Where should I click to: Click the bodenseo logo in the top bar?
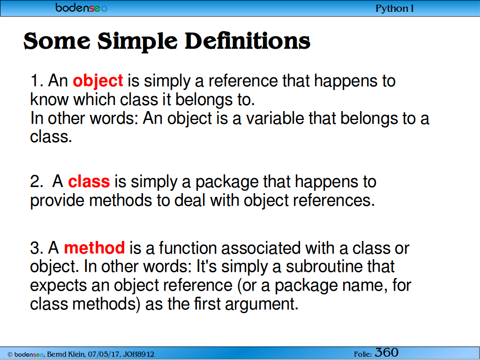tap(81, 7)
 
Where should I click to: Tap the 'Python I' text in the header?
tap(395, 8)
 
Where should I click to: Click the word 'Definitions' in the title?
tap(247, 41)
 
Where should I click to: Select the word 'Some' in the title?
tap(57, 41)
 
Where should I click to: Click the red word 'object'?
tap(98, 81)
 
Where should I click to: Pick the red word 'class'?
tap(89, 181)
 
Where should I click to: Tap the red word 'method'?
tap(94, 247)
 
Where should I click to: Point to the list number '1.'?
tap(37, 81)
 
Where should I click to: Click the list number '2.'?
tap(37, 181)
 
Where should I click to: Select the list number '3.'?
tap(37, 247)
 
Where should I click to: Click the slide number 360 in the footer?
tap(387, 352)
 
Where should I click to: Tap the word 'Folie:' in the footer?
tap(363, 354)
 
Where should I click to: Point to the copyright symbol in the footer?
tap(10, 354)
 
